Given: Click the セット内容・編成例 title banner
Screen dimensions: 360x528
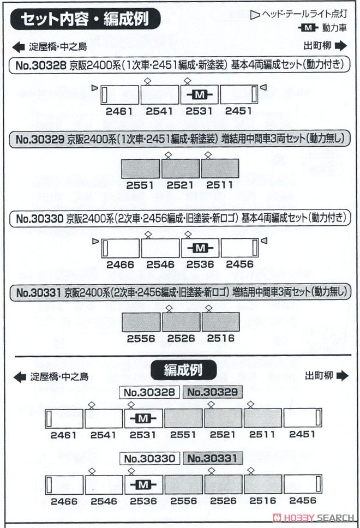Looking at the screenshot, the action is (85, 19).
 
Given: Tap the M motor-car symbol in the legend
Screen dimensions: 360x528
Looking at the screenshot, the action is (308, 28).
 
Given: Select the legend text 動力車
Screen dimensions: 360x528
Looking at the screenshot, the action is (334, 28).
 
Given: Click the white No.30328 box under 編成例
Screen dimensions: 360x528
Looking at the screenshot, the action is (149, 392).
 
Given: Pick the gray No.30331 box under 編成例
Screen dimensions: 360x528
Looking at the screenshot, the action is (213, 458).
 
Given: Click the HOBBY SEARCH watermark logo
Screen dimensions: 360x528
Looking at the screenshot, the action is (314, 518).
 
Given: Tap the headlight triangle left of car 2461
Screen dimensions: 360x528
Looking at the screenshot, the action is (95, 88).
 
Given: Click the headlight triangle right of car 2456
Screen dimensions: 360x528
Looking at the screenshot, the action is (264, 241).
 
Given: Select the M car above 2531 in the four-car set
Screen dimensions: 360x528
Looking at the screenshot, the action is (200, 94).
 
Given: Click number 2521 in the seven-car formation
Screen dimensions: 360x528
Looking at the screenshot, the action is (223, 435).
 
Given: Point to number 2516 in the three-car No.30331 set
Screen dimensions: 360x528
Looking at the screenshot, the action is (220, 338).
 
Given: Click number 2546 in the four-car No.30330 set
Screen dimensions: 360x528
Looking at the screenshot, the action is (160, 265).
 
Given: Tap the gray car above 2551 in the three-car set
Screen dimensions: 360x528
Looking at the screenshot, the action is (140, 169).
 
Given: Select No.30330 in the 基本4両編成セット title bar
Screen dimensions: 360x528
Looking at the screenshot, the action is (40, 219).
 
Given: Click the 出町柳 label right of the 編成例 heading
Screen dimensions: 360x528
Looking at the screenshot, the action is (319, 375).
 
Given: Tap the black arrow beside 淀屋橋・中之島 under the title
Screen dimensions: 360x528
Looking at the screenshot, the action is (19, 47).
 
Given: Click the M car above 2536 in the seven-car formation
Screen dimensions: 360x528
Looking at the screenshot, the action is (143, 484).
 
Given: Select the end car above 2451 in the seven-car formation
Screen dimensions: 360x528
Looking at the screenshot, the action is (303, 418).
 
